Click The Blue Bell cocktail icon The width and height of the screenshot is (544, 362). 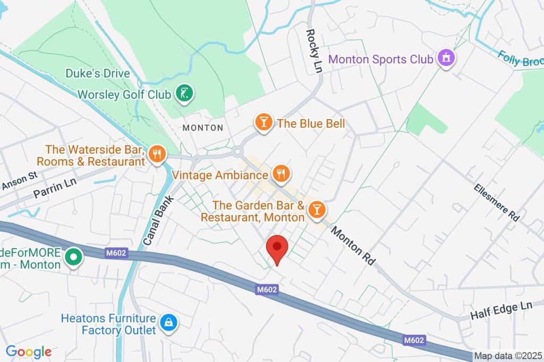click(263, 123)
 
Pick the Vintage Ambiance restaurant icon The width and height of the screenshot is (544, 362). click(280, 173)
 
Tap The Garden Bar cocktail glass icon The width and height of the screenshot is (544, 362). click(317, 210)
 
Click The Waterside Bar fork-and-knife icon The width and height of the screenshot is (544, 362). click(157, 154)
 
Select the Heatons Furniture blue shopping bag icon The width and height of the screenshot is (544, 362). click(168, 323)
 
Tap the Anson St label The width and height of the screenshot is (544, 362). click(20, 181)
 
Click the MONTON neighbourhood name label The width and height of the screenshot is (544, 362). click(202, 128)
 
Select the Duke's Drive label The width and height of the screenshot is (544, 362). click(97, 73)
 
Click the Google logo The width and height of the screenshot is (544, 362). click(29, 351)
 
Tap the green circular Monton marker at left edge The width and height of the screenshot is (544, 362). click(73, 258)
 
